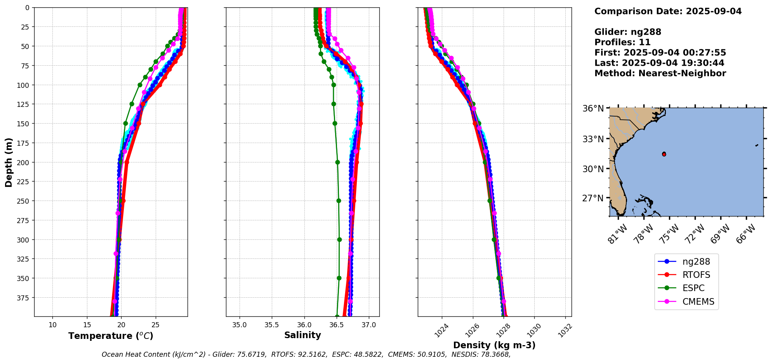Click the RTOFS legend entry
coord(696,275)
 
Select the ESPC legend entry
coord(693,288)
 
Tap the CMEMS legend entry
coord(698,302)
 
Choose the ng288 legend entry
coord(696,262)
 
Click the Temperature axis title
coord(111,336)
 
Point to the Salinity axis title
coord(302,335)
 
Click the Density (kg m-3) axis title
coord(494,345)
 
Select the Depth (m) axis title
coord(9,162)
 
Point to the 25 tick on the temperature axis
coord(155,325)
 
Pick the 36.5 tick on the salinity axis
coord(336,325)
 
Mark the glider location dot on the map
coord(664,154)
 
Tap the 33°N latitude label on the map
coord(593,139)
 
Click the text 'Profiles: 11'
coord(622,42)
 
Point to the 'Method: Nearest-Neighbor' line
coord(660,73)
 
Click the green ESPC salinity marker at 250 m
coord(339,201)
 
